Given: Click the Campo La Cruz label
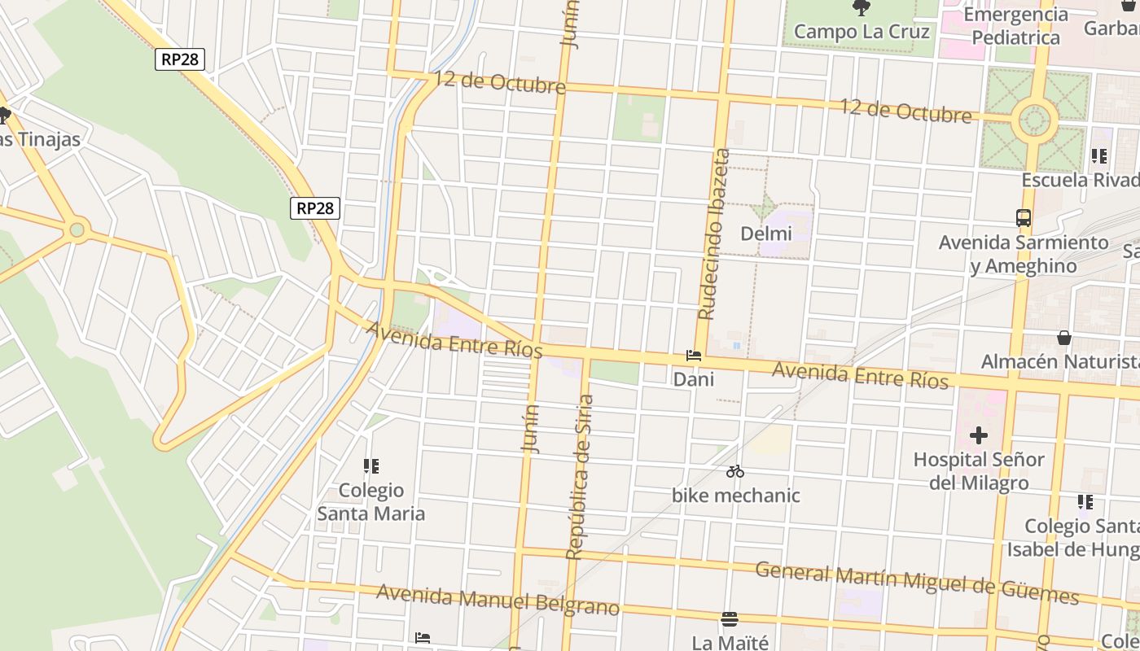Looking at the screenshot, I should click(x=862, y=32).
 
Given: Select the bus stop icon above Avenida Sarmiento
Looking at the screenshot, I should click(x=1024, y=218).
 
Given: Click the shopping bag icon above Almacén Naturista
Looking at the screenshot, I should click(x=1063, y=337).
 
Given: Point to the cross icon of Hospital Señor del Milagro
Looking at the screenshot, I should click(x=979, y=435).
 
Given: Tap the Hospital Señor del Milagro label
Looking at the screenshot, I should click(x=979, y=471).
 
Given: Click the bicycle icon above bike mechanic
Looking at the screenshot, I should click(x=735, y=471).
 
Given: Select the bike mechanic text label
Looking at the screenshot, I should click(x=735, y=495).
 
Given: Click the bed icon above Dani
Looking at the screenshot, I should click(x=694, y=356).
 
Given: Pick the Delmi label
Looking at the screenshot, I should click(x=765, y=234).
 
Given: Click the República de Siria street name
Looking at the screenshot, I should click(x=580, y=477).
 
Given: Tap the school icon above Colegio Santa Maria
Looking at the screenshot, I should click(x=371, y=466).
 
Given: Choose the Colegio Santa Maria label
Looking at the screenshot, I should click(x=371, y=502).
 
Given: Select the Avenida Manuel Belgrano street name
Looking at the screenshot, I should click(x=498, y=600).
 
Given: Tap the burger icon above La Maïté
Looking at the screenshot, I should click(x=730, y=619).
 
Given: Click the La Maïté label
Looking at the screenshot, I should click(x=730, y=642).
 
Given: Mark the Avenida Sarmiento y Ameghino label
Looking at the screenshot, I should click(x=1024, y=254).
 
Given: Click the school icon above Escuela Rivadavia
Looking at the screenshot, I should click(x=1099, y=156).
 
